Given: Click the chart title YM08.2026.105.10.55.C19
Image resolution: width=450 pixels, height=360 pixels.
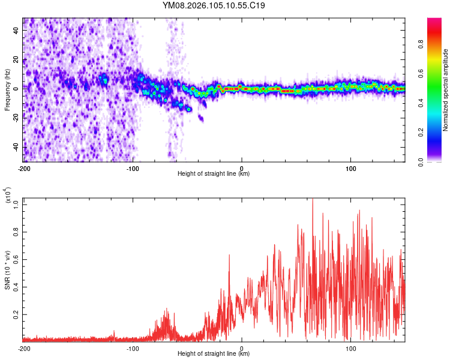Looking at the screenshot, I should (214, 5).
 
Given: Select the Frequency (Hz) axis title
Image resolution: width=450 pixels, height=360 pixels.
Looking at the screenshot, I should (7, 90).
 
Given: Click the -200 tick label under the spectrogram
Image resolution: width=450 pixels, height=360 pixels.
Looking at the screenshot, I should (24, 169).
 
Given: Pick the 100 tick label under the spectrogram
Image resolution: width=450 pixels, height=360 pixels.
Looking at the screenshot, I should (350, 169).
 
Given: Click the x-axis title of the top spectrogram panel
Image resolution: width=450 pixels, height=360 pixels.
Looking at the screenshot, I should (214, 174).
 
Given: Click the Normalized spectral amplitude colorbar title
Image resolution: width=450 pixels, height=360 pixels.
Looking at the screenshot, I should (445, 90).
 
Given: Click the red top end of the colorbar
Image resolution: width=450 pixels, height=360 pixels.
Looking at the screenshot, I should (434, 21).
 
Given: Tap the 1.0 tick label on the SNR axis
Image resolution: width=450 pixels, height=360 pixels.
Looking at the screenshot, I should (16, 204).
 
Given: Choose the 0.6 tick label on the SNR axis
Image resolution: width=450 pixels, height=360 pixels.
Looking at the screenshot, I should (16, 259).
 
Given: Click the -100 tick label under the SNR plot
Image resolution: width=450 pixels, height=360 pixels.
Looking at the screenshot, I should (133, 349).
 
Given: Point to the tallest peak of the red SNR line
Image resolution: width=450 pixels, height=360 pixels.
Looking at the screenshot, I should (312, 200).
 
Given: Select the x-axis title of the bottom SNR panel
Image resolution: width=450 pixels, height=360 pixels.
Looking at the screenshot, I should (214, 354).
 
